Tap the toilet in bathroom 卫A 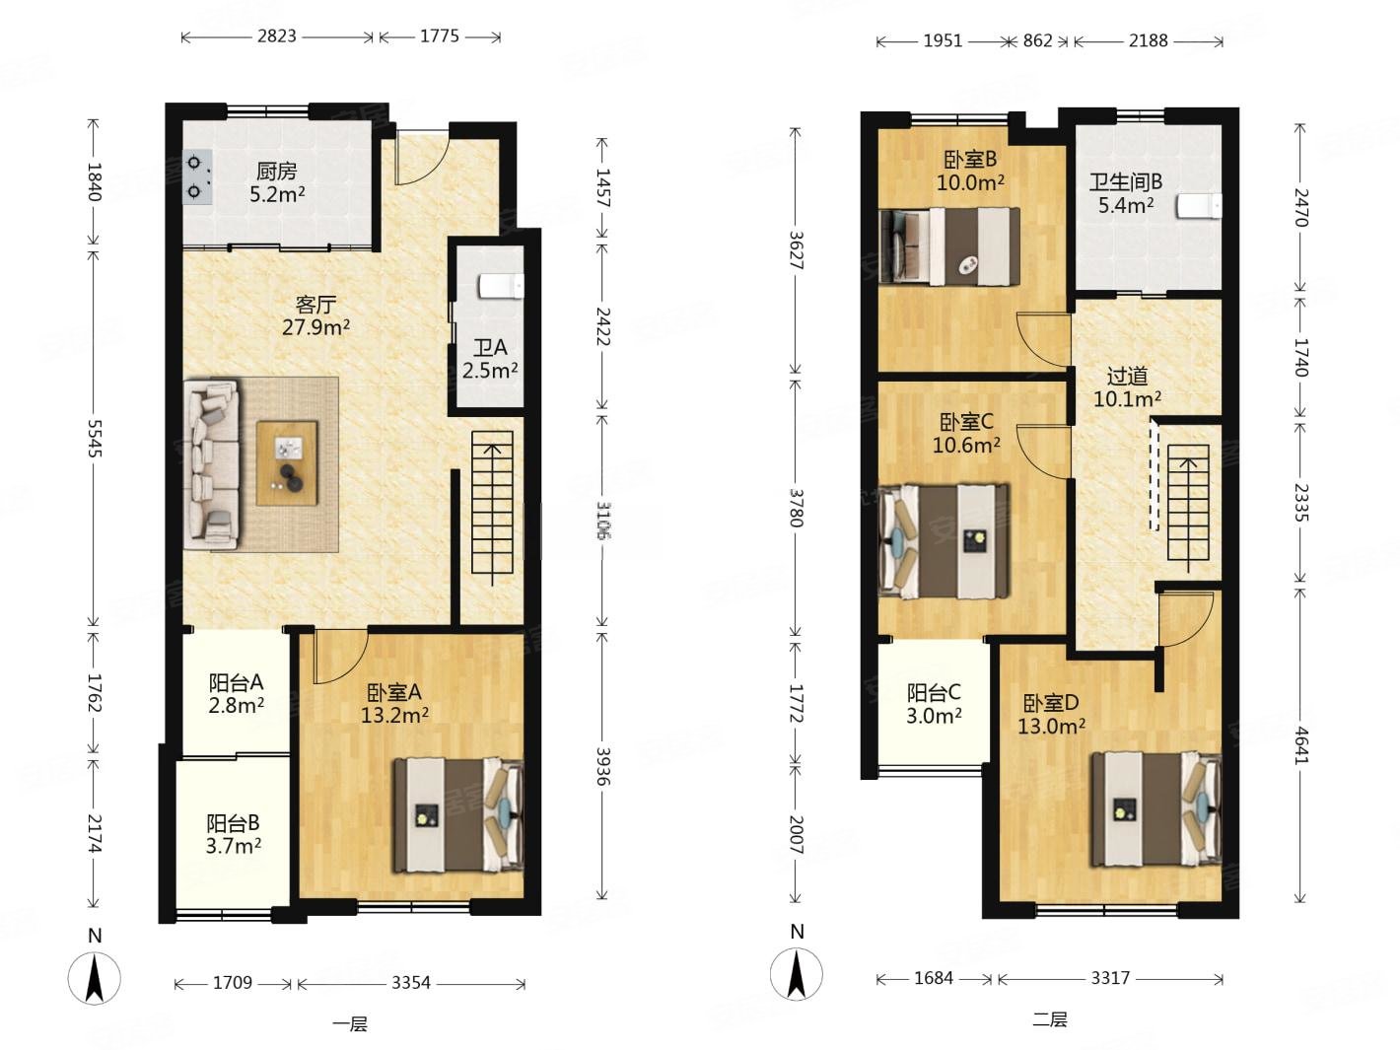coord(501,286)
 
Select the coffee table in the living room coord(287,462)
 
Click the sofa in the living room coord(211,464)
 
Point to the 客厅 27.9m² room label coord(315,315)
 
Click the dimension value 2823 coord(277,35)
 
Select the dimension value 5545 coord(94,438)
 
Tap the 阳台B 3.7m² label coord(233,834)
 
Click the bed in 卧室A coord(457,814)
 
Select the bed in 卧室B coord(949,246)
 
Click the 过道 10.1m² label coord(1127,387)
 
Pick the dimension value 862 coord(1037,40)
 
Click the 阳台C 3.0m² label coord(934,704)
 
